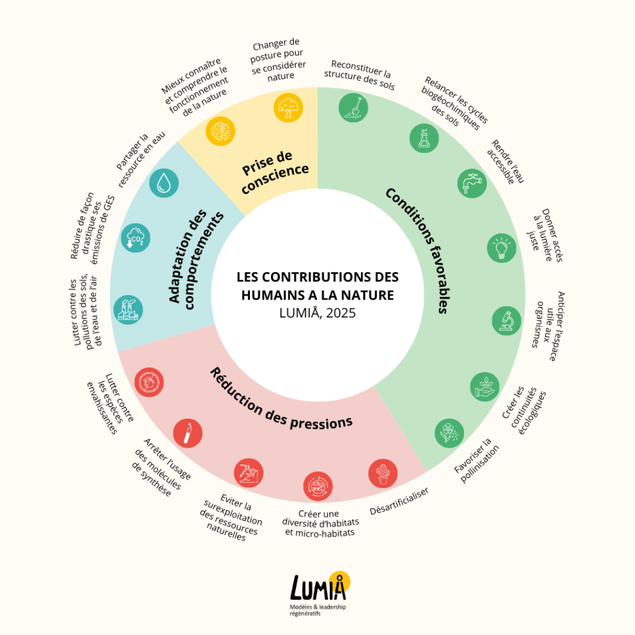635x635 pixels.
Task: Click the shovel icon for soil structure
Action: [x=353, y=107]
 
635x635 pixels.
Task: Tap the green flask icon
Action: [x=424, y=138]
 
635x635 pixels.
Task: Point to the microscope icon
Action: [x=507, y=320]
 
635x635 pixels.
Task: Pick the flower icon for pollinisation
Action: [x=448, y=433]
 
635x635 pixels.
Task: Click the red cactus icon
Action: [x=383, y=474]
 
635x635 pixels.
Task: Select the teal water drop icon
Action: [x=164, y=183]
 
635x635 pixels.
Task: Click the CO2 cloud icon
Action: [x=135, y=238]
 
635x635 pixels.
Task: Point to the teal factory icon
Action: [x=128, y=309]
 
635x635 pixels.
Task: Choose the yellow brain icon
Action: [x=220, y=131]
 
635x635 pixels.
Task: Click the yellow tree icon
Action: [x=288, y=107]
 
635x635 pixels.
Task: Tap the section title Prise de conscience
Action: [x=274, y=171]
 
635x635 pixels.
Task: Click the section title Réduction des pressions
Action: [x=281, y=400]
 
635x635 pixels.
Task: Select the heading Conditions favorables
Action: [x=417, y=250]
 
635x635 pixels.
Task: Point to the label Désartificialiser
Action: [x=399, y=502]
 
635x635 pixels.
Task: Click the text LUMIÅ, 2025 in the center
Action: [x=317, y=313]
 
